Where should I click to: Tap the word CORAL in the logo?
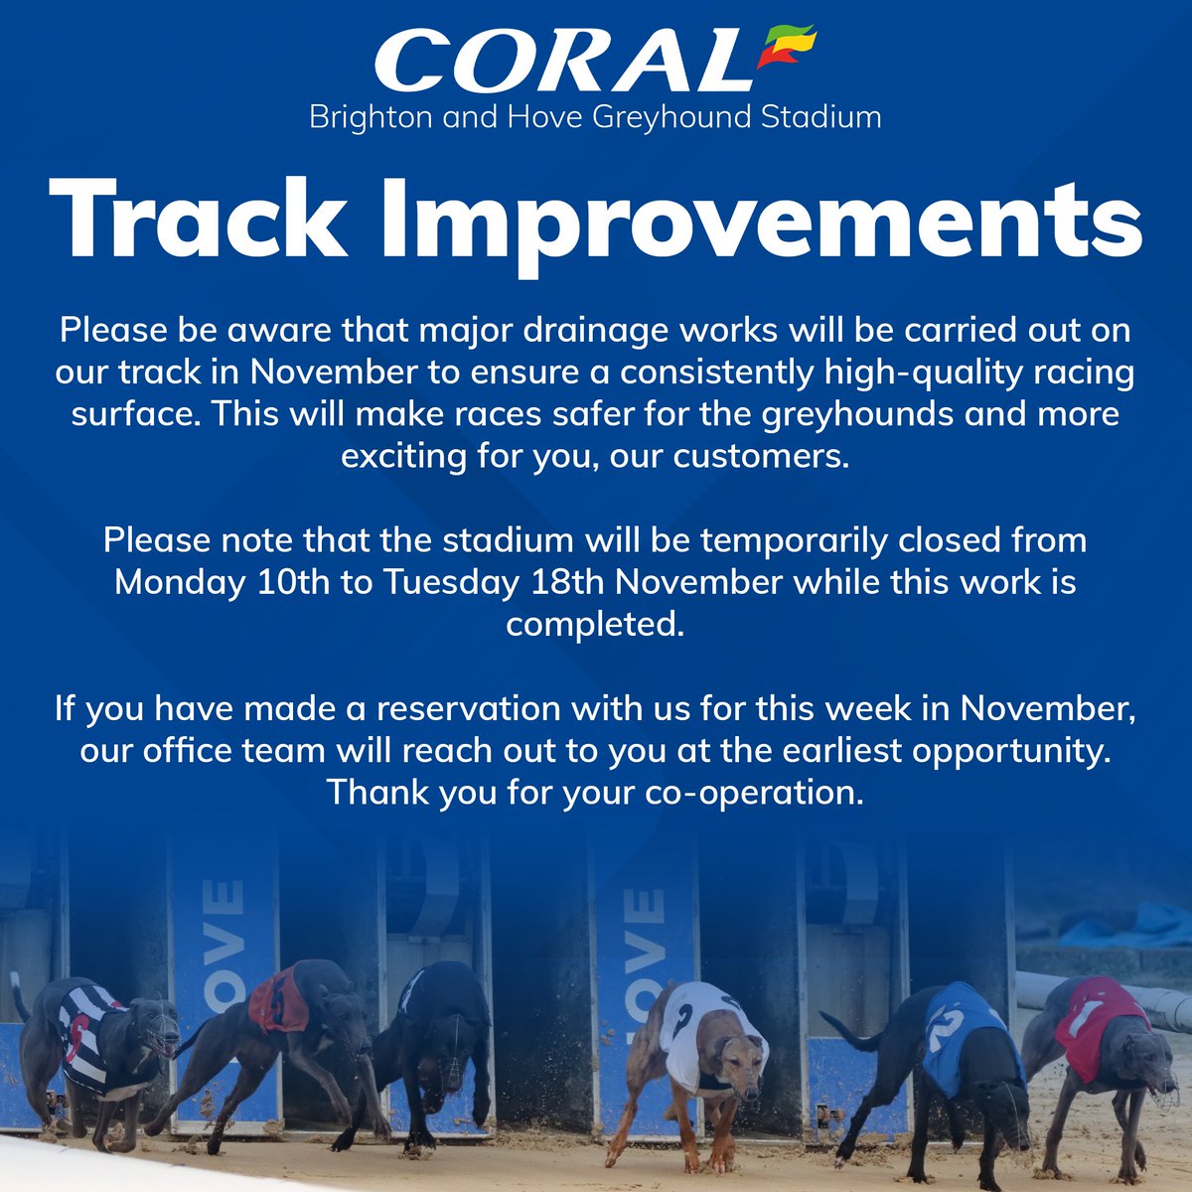pyautogui.click(x=562, y=63)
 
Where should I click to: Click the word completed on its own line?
pyautogui.click(x=595, y=624)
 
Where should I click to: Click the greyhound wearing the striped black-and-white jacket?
pyautogui.click(x=94, y=1043)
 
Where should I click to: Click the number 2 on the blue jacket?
pyautogui.click(x=945, y=1028)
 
